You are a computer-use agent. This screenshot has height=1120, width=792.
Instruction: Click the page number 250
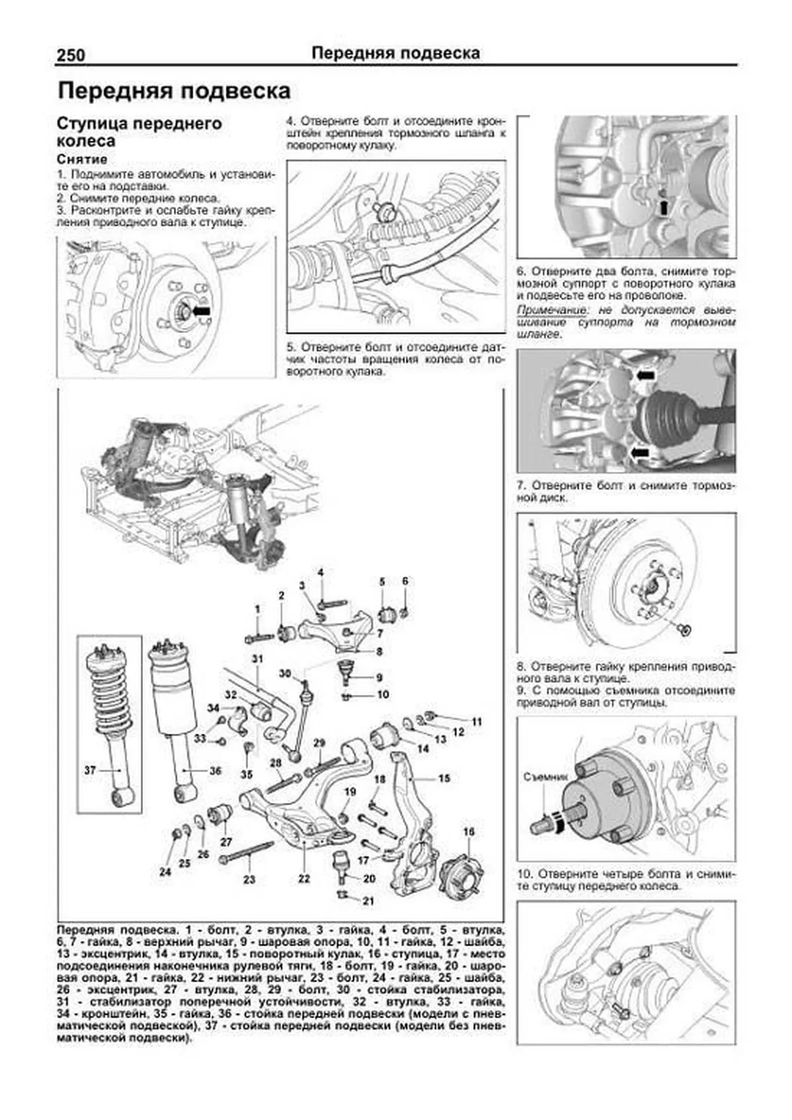(x=71, y=55)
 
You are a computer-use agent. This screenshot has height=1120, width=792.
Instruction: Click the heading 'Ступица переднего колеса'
(x=139, y=132)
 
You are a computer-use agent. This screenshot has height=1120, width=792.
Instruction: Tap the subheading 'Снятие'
(x=82, y=159)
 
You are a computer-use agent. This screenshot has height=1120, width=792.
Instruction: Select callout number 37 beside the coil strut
(x=90, y=770)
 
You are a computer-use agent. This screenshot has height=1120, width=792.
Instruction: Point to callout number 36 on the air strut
(x=214, y=771)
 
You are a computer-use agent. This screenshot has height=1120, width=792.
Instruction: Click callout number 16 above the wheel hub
(x=469, y=832)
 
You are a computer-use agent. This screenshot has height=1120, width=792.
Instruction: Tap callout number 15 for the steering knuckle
(x=444, y=778)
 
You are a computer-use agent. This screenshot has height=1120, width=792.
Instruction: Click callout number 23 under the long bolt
(x=249, y=879)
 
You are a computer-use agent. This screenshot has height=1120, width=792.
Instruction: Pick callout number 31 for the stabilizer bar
(x=257, y=659)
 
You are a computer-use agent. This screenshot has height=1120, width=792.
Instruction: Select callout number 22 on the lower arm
(x=304, y=878)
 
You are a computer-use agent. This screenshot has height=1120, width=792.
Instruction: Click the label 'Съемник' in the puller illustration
(x=545, y=777)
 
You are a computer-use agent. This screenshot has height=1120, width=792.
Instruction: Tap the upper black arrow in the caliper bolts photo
(x=645, y=375)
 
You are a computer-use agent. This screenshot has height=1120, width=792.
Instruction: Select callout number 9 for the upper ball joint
(x=379, y=677)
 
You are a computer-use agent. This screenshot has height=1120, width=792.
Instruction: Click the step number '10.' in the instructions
(x=525, y=874)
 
